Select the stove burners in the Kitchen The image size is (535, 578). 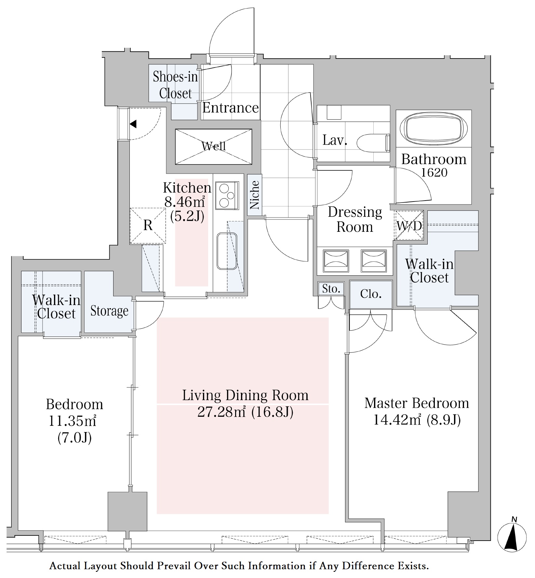(x=227, y=195)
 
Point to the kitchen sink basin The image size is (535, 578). (x=227, y=251)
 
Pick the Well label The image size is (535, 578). (x=214, y=146)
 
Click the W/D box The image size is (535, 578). (x=409, y=225)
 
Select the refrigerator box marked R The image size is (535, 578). (x=148, y=225)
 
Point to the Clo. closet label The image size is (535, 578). (x=371, y=294)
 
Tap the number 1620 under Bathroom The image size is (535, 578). (x=434, y=172)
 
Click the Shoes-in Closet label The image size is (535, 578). (x=175, y=85)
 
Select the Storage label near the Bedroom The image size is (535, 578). (x=109, y=311)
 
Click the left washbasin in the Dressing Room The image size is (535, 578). (x=336, y=261)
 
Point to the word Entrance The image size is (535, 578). (x=231, y=108)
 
